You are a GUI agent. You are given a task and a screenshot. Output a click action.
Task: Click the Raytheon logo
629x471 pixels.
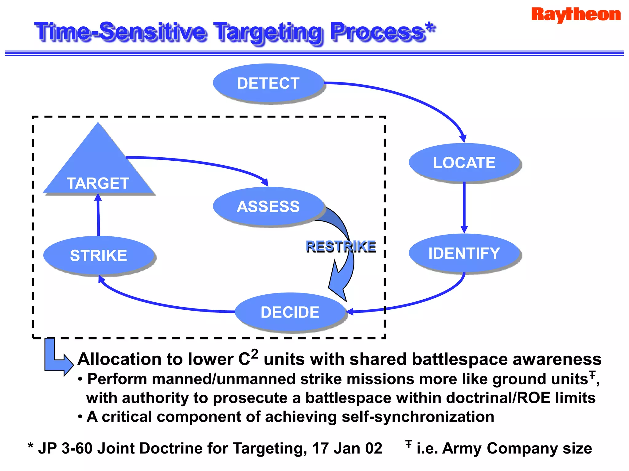576,14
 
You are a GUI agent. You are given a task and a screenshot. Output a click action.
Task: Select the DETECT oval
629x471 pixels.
268,83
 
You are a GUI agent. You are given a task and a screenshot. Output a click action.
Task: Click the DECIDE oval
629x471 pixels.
290,312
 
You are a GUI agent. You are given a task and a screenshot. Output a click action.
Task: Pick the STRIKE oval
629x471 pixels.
98,255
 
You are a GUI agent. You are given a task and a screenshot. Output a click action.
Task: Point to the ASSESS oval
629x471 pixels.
268,206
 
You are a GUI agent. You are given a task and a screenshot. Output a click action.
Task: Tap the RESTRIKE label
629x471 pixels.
341,247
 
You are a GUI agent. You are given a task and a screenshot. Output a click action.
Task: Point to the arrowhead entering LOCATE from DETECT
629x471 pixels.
463,138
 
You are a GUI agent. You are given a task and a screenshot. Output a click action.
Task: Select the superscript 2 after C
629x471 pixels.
254,354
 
